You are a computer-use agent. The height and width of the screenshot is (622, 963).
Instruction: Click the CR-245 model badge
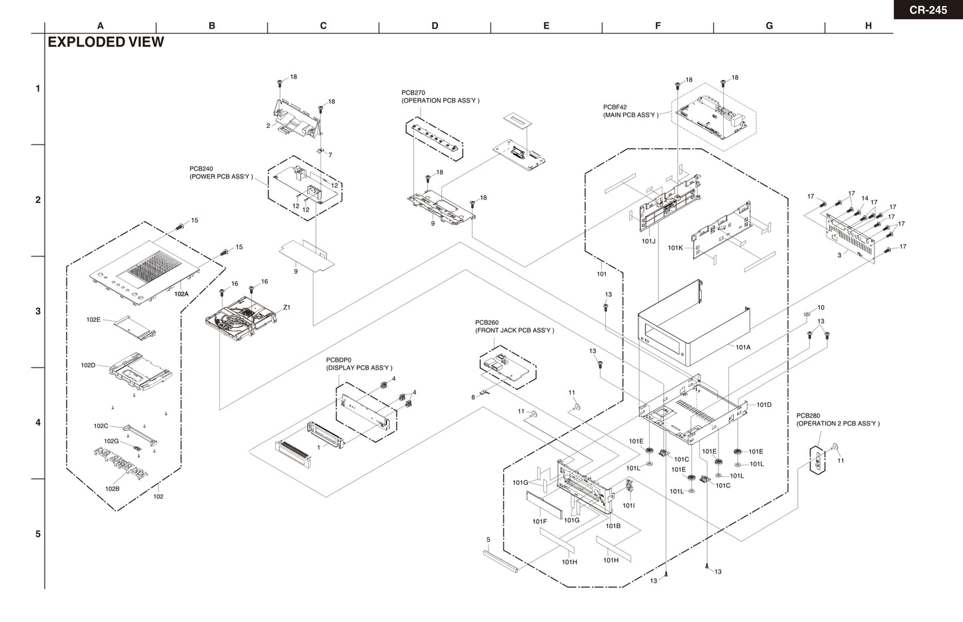coord(928,9)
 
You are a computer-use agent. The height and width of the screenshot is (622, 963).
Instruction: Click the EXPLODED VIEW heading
coord(106,42)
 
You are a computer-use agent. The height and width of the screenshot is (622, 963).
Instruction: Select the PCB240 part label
coord(201,168)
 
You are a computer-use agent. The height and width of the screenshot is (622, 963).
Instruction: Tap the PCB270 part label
coord(413,93)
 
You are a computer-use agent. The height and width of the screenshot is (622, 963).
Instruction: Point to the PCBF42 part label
coord(615,107)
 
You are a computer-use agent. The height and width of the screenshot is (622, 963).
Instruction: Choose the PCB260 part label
coord(487,322)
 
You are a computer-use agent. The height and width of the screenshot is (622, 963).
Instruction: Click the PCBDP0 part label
coord(339,360)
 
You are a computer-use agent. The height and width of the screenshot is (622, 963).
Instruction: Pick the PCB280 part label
coord(808,416)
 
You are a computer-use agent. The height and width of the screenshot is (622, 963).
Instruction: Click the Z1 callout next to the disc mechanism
coord(287,308)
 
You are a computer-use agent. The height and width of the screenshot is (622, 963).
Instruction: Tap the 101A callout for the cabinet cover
coord(743,347)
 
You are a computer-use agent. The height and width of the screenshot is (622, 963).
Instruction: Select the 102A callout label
coord(181,293)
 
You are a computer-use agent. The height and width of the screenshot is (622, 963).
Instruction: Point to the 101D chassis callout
coord(764,405)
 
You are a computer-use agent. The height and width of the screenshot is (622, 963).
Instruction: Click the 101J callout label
coord(648,241)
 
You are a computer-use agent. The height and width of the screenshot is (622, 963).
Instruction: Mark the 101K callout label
coord(675,248)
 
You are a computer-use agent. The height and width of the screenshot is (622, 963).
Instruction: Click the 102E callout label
coord(93,320)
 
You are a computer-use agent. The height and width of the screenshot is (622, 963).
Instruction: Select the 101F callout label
coord(539,521)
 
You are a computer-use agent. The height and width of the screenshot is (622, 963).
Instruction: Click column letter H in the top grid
coord(868,26)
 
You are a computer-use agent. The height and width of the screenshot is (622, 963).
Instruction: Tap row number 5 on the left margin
coord(38,534)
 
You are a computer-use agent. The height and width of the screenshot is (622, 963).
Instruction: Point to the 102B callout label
coord(112,489)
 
